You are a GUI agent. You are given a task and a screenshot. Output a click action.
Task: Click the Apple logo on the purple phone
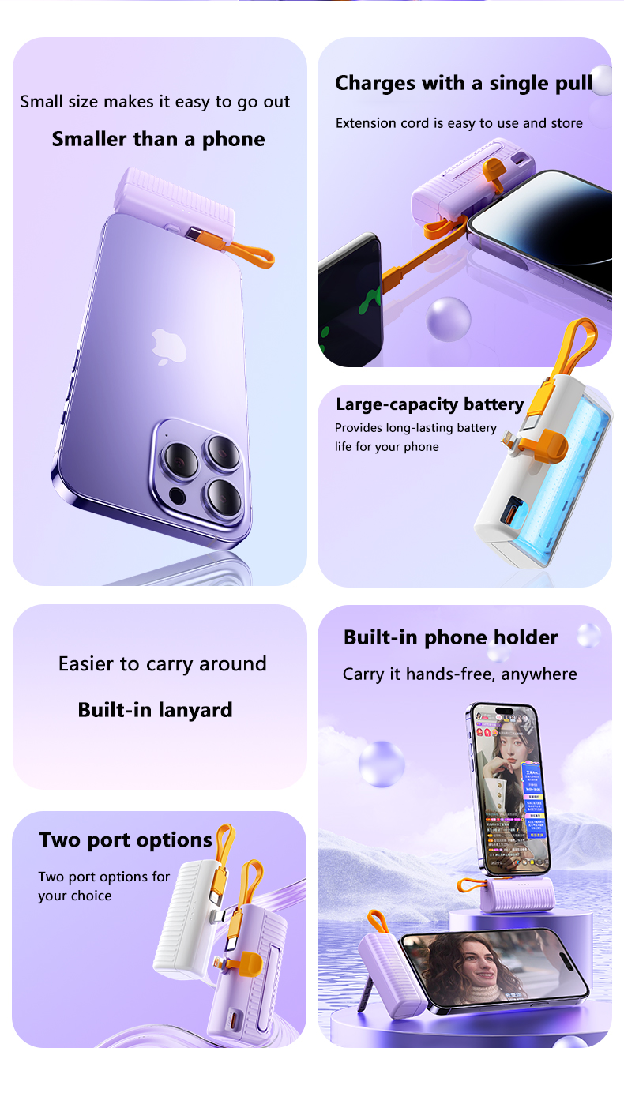pyautogui.click(x=168, y=347)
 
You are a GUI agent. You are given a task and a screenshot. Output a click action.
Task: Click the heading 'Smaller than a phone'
pyautogui.click(x=159, y=140)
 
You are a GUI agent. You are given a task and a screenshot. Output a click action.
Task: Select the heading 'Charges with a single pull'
pyautogui.click(x=464, y=84)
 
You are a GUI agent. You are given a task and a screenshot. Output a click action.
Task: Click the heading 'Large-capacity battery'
pyautogui.click(x=430, y=404)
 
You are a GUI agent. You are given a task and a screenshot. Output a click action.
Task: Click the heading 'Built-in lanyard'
pyautogui.click(x=155, y=710)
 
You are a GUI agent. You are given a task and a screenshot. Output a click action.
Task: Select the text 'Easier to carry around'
pyautogui.click(x=163, y=664)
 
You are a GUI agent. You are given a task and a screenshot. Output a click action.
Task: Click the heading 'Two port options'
pyautogui.click(x=126, y=840)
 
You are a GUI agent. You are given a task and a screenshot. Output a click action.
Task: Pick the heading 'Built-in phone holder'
pyautogui.click(x=451, y=637)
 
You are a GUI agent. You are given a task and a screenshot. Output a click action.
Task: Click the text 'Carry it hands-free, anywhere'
pyautogui.click(x=460, y=674)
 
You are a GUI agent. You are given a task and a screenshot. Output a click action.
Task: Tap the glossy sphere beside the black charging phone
pyautogui.click(x=448, y=318)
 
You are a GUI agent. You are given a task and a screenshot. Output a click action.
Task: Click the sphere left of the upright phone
pyautogui.click(x=382, y=764)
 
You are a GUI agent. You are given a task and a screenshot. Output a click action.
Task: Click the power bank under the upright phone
pyautogui.click(x=517, y=895)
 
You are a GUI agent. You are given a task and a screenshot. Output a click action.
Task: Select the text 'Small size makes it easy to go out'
pyautogui.click(x=155, y=102)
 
